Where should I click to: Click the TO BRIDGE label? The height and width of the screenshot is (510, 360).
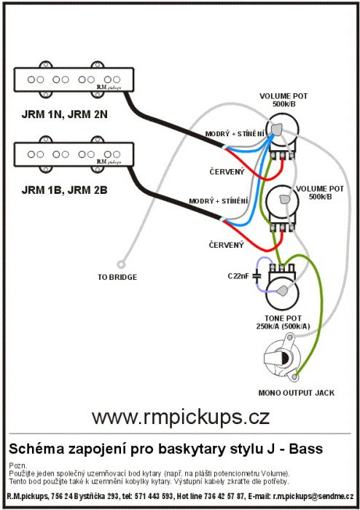(x=117, y=277)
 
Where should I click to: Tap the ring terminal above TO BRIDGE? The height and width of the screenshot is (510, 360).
(x=121, y=264)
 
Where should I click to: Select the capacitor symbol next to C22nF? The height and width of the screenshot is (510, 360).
(x=257, y=276)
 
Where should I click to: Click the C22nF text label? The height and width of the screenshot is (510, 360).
(x=238, y=276)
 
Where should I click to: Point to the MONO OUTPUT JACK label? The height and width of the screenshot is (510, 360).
(x=297, y=393)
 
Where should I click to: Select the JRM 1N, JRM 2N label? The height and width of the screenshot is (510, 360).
(x=64, y=114)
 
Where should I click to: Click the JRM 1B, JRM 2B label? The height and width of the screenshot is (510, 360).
(x=64, y=190)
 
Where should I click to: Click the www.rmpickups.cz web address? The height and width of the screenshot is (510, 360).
(x=181, y=417)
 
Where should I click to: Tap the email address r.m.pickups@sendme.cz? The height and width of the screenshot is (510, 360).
(x=313, y=496)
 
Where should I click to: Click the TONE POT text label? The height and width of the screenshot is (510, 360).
(x=283, y=318)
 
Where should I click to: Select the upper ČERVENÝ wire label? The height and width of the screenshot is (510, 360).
(x=227, y=171)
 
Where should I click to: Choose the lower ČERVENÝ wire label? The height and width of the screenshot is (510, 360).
(x=226, y=245)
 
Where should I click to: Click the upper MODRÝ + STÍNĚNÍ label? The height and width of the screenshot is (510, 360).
(x=235, y=133)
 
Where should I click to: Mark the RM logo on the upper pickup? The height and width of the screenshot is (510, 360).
(x=109, y=87)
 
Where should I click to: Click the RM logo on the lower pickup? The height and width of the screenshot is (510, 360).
(x=109, y=162)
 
